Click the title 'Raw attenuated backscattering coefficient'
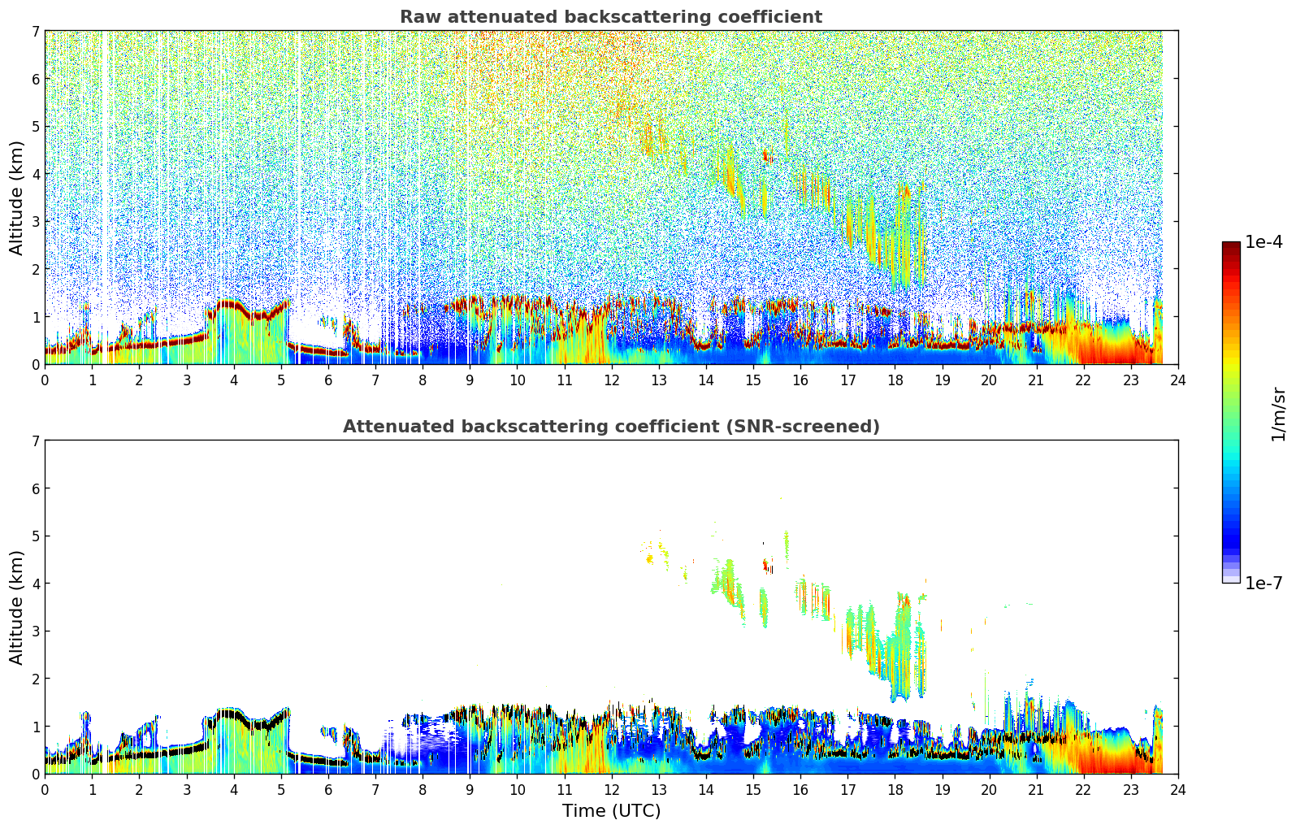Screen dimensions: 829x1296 [611, 17]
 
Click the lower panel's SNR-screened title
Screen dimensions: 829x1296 [611, 427]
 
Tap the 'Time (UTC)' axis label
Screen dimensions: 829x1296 [611, 811]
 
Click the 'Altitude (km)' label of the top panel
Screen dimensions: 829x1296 [17, 197]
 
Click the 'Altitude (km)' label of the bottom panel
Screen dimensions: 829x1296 [17, 607]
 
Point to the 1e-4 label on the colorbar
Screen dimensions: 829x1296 [1263, 242]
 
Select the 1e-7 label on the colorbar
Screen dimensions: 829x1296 [1263, 584]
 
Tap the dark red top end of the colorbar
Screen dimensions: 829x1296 [1231, 246]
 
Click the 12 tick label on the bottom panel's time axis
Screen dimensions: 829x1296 [611, 789]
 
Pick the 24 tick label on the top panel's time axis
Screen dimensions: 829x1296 [1178, 380]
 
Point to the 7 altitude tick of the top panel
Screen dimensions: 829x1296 [35, 31]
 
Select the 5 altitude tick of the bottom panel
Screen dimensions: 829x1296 [35, 536]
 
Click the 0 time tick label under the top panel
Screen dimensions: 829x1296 [45, 380]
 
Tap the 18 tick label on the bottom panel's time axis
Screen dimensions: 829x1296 [895, 789]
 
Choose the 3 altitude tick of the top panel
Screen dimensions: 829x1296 [35, 221]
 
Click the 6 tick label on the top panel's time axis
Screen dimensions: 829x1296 [328, 380]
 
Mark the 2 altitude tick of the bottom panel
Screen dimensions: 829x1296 [35, 679]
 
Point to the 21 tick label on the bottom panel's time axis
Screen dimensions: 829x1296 [1036, 789]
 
